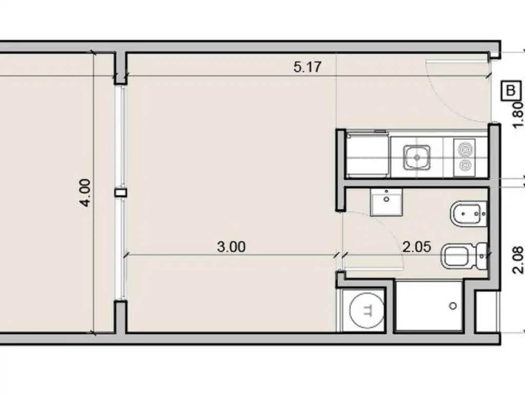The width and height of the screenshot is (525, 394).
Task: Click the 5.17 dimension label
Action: [308, 67]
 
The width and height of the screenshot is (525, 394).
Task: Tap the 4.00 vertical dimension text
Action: [85, 193]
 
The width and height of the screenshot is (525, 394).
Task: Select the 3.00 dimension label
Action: [231, 247]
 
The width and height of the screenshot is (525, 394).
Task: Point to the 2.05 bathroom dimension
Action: [416, 247]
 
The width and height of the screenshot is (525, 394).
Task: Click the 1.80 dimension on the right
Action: [518, 114]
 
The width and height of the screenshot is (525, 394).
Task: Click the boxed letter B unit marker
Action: [511, 91]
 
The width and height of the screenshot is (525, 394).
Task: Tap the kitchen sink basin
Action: [417, 157]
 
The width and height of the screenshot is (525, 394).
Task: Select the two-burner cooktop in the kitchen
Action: [465, 157]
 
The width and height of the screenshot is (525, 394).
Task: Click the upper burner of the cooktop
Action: [465, 148]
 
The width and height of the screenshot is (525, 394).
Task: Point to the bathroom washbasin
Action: [387, 202]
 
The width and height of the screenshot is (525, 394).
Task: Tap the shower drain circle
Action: [453, 306]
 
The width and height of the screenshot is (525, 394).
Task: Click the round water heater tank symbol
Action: [367, 310]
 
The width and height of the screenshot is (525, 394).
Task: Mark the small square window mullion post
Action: [120, 193]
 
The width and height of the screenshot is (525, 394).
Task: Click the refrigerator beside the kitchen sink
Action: [368, 154]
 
